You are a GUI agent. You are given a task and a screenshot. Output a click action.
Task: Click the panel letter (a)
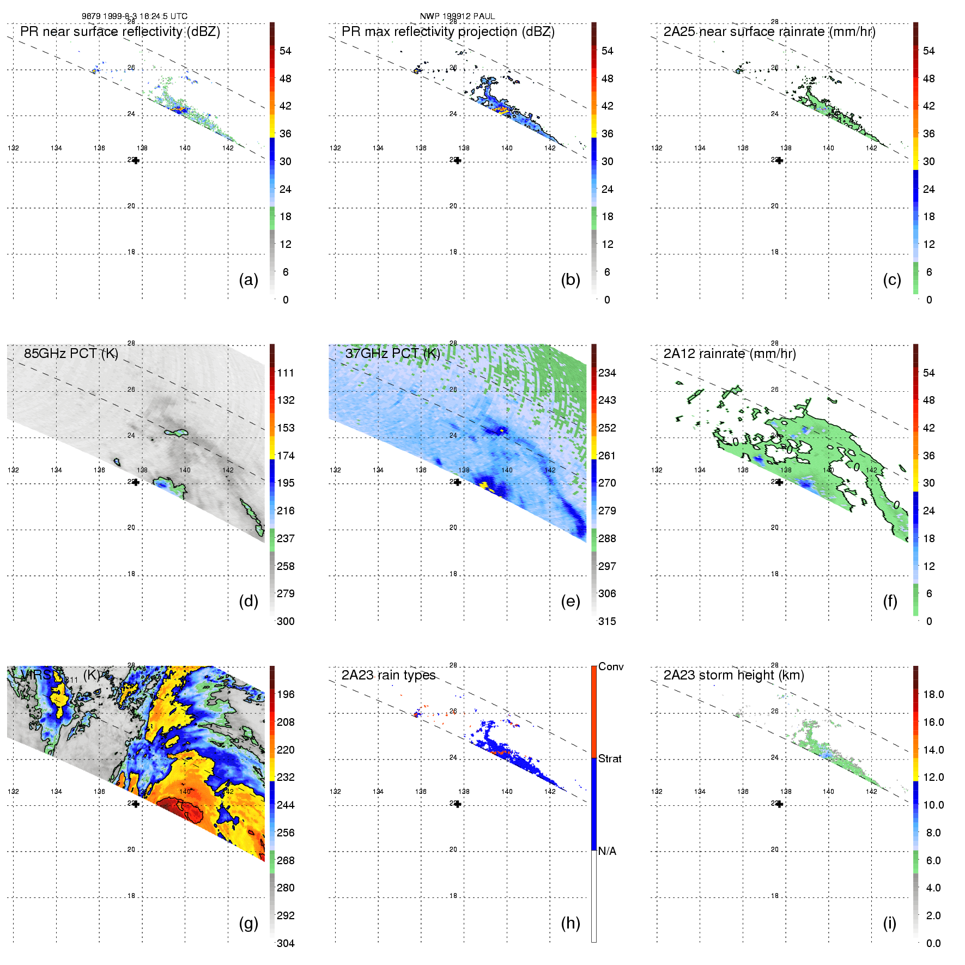point(248,280)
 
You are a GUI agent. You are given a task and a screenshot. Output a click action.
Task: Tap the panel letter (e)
point(570,601)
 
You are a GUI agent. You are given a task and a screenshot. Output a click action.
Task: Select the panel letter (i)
point(889,923)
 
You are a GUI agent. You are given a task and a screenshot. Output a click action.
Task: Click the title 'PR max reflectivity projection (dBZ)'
point(448,32)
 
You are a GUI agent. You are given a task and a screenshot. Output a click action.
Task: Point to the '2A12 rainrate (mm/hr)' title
point(730,354)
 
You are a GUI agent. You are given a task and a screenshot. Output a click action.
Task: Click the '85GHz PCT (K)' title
point(71,354)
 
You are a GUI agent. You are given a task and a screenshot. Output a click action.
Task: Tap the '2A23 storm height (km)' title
point(733,675)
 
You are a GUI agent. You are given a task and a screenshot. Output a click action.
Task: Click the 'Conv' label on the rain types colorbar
point(611,666)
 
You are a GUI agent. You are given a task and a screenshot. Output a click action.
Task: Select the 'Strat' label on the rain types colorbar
point(610,758)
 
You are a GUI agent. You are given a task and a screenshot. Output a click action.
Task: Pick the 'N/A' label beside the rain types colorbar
point(607,851)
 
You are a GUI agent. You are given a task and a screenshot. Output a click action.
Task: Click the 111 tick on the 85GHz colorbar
point(286,373)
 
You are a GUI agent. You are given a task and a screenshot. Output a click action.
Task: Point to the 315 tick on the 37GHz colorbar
point(607,621)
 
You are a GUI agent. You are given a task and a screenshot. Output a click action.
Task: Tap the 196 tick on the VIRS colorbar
point(286,694)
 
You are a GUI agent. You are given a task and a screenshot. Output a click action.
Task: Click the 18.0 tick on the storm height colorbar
point(933,694)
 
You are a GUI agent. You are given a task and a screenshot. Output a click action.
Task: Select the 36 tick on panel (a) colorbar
point(286,133)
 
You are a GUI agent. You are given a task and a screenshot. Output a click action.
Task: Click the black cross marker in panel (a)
point(136,160)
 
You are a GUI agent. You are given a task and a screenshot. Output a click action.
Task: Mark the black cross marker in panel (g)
point(136,804)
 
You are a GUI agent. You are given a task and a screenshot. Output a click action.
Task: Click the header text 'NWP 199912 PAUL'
point(457,16)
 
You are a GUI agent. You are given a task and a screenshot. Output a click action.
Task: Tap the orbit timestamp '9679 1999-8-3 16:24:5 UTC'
point(135,16)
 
